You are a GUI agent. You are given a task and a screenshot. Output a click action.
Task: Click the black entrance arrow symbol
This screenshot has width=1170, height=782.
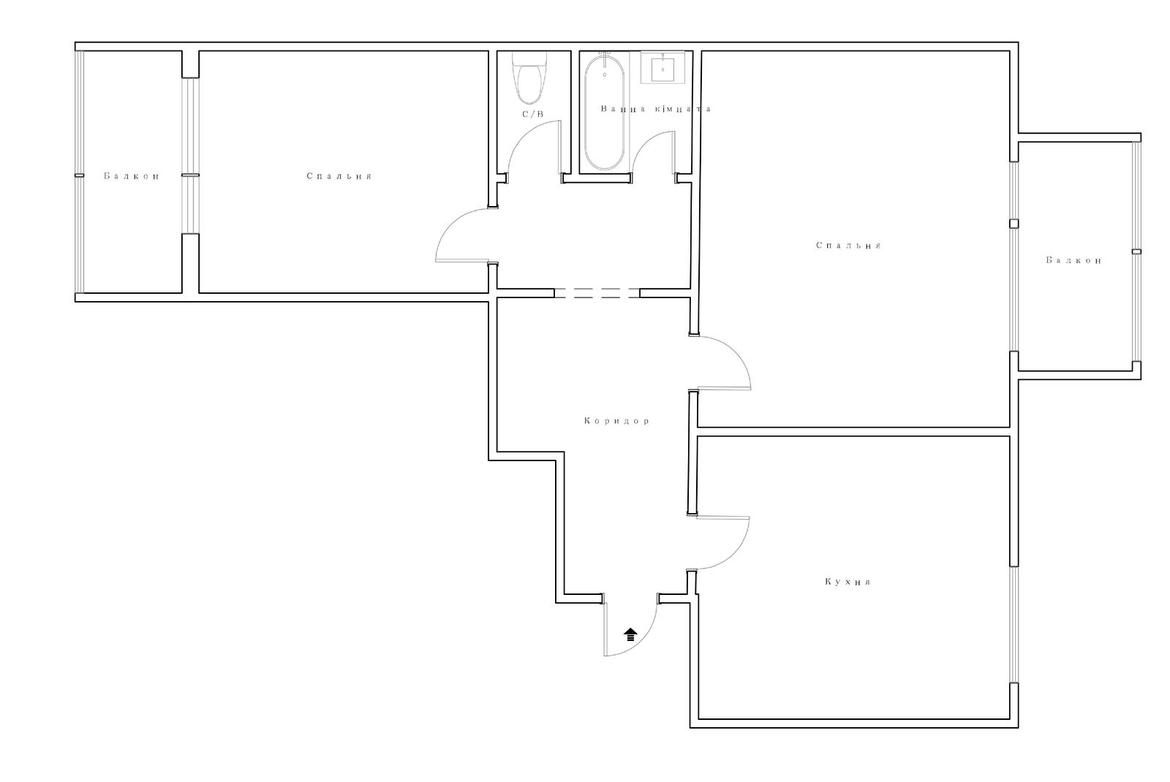click(x=631, y=634)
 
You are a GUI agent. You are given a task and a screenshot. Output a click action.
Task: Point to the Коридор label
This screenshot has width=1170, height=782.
click(x=617, y=421)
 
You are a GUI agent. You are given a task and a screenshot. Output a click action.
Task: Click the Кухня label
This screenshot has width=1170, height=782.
click(x=848, y=582)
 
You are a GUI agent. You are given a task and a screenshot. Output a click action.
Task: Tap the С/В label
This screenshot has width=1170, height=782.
click(x=533, y=114)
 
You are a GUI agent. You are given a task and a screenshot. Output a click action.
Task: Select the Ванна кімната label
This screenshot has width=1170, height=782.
click(x=655, y=109)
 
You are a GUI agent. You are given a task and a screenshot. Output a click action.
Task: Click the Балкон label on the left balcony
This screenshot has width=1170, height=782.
click(x=132, y=176)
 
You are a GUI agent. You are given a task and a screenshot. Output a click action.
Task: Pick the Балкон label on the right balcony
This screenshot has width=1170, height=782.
click(x=1074, y=260)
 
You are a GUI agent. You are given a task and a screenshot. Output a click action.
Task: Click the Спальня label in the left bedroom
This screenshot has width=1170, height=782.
click(x=339, y=176)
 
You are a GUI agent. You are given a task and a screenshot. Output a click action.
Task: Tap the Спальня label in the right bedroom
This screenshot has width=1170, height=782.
click(x=849, y=246)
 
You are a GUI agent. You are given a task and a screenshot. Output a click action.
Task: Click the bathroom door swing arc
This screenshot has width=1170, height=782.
click(x=643, y=142)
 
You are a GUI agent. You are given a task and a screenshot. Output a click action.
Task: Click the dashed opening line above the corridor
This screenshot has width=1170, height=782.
click(x=597, y=293)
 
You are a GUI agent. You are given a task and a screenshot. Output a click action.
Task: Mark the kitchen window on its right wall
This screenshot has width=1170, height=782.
click(x=1014, y=624)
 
